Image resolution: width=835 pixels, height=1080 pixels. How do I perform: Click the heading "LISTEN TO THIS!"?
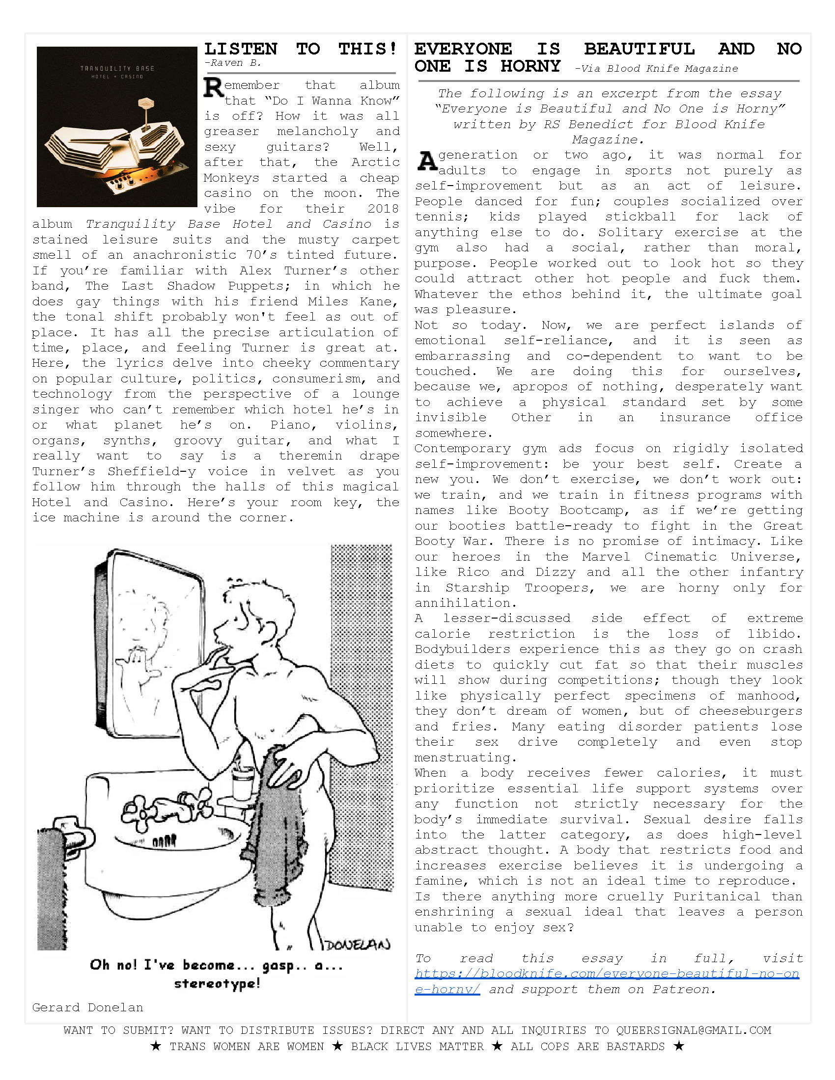(x=300, y=49)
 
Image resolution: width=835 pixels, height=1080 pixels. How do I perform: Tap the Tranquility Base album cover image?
(x=117, y=127)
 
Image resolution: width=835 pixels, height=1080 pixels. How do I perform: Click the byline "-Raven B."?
(x=232, y=63)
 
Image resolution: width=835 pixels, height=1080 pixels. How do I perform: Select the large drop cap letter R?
(x=213, y=88)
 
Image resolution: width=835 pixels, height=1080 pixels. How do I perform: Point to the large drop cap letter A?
(x=426, y=161)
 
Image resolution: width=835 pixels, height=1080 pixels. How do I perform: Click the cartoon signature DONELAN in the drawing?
(x=358, y=944)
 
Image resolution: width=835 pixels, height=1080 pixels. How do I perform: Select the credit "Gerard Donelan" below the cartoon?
(x=87, y=1007)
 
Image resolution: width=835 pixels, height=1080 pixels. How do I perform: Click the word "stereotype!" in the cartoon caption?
(x=217, y=984)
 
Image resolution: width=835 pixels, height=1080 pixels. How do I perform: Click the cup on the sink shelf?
(x=242, y=782)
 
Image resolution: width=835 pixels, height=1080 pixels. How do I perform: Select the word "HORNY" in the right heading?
(x=530, y=66)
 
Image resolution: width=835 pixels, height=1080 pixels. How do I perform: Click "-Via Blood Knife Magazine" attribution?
(x=656, y=69)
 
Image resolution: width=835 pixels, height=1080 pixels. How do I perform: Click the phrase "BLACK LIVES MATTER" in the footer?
(x=417, y=1047)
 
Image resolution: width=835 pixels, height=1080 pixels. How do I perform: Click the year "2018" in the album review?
(x=383, y=209)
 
